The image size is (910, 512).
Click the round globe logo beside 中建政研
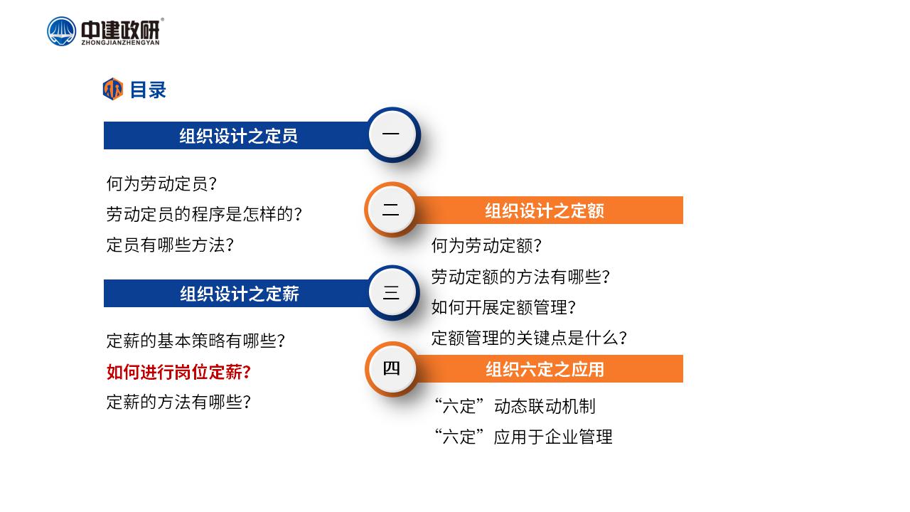click(61, 31)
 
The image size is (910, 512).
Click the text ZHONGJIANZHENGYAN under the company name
click(121, 42)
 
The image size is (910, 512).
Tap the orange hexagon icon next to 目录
click(113, 89)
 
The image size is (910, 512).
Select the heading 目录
click(148, 90)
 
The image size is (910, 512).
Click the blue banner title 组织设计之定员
click(238, 136)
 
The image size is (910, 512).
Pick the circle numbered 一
click(392, 134)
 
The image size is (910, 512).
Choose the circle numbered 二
click(391, 210)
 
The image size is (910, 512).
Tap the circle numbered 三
click(392, 292)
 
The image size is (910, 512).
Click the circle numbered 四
click(391, 369)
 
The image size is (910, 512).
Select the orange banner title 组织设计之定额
click(545, 211)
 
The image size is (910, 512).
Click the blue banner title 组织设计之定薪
click(240, 294)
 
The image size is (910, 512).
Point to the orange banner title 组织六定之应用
click(545, 369)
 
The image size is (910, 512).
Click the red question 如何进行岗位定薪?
click(178, 372)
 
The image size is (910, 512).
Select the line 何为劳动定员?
click(161, 183)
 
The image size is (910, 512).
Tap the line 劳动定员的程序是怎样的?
click(204, 214)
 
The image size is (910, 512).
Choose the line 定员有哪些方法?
click(170, 245)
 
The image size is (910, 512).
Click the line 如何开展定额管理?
click(504, 307)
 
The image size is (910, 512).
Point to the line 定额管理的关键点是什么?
click(530, 338)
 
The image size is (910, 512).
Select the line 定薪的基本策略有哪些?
click(196, 341)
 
